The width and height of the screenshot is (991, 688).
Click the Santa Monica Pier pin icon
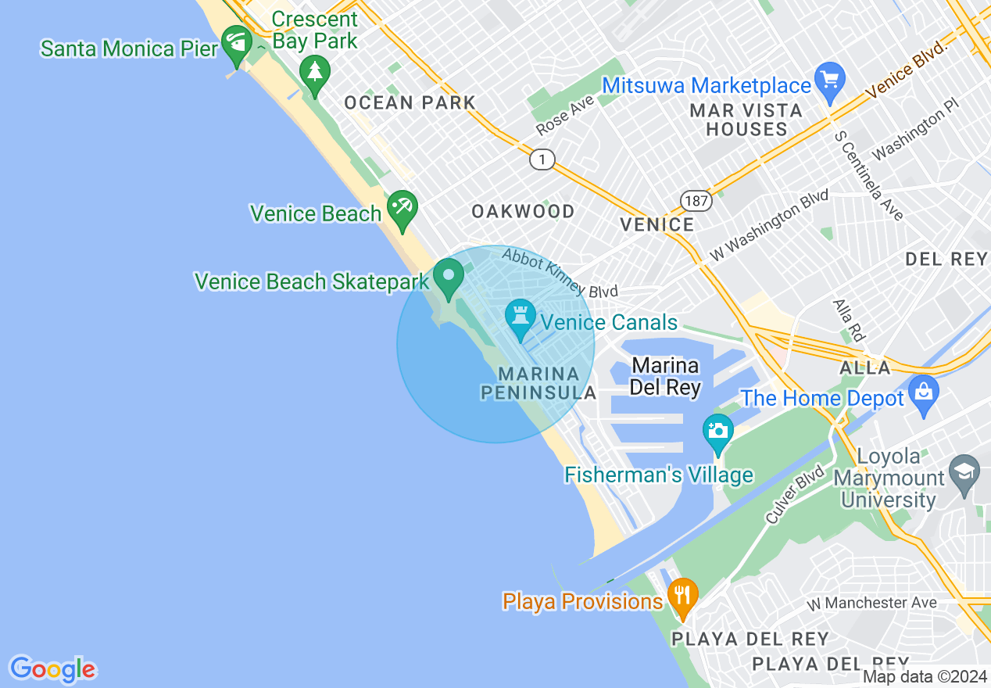click(x=235, y=43)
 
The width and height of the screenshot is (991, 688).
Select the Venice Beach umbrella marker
click(x=402, y=208)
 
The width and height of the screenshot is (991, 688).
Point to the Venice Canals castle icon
click(x=520, y=317)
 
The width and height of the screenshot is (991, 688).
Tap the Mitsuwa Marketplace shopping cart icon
click(x=830, y=80)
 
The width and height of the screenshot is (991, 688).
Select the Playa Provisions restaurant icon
click(x=683, y=596)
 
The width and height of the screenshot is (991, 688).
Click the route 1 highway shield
click(x=542, y=159)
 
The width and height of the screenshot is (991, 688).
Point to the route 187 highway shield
click(x=696, y=201)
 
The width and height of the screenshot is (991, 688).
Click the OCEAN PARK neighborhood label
click(x=410, y=102)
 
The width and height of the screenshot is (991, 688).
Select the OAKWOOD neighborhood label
click(x=523, y=211)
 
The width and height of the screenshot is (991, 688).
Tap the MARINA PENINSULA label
click(x=538, y=383)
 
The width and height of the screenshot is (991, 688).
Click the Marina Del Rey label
click(x=666, y=376)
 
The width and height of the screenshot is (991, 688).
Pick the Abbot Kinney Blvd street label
click(x=560, y=273)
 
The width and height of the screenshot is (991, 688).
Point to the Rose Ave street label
click(x=565, y=115)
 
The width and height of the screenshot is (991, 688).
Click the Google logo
click(x=52, y=669)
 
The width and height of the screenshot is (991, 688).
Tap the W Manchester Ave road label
click(x=871, y=603)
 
